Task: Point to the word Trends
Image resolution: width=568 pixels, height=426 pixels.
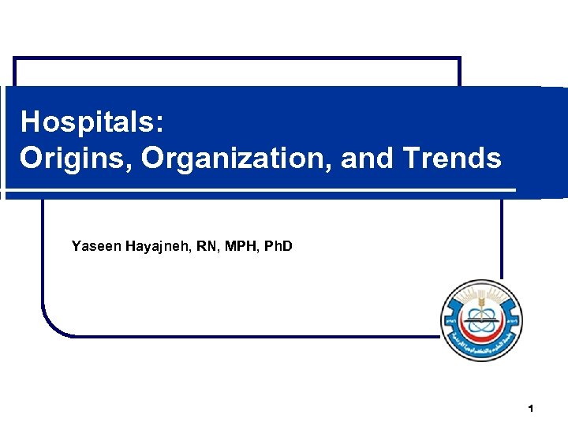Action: (452, 158)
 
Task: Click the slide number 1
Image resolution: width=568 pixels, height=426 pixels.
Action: (531, 409)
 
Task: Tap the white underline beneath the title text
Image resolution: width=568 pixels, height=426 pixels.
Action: (260, 190)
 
